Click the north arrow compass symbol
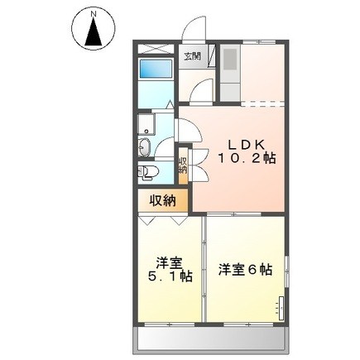coord(94,28)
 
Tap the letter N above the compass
coord(94,12)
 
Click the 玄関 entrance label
coord(192,56)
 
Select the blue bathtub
coord(156,69)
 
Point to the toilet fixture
coord(148,172)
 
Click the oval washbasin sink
coord(144,146)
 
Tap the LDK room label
coord(246,145)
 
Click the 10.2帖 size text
coord(247,158)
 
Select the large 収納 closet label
coord(163,200)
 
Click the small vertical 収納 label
coord(183,165)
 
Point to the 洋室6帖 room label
coord(245,270)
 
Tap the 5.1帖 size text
coord(170,276)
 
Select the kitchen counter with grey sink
coord(230,72)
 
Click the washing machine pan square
coord(146,124)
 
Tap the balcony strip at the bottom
coord(211,340)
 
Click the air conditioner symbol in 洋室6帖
coord(281,309)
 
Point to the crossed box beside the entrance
coord(156,49)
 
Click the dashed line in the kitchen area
coord(262,104)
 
